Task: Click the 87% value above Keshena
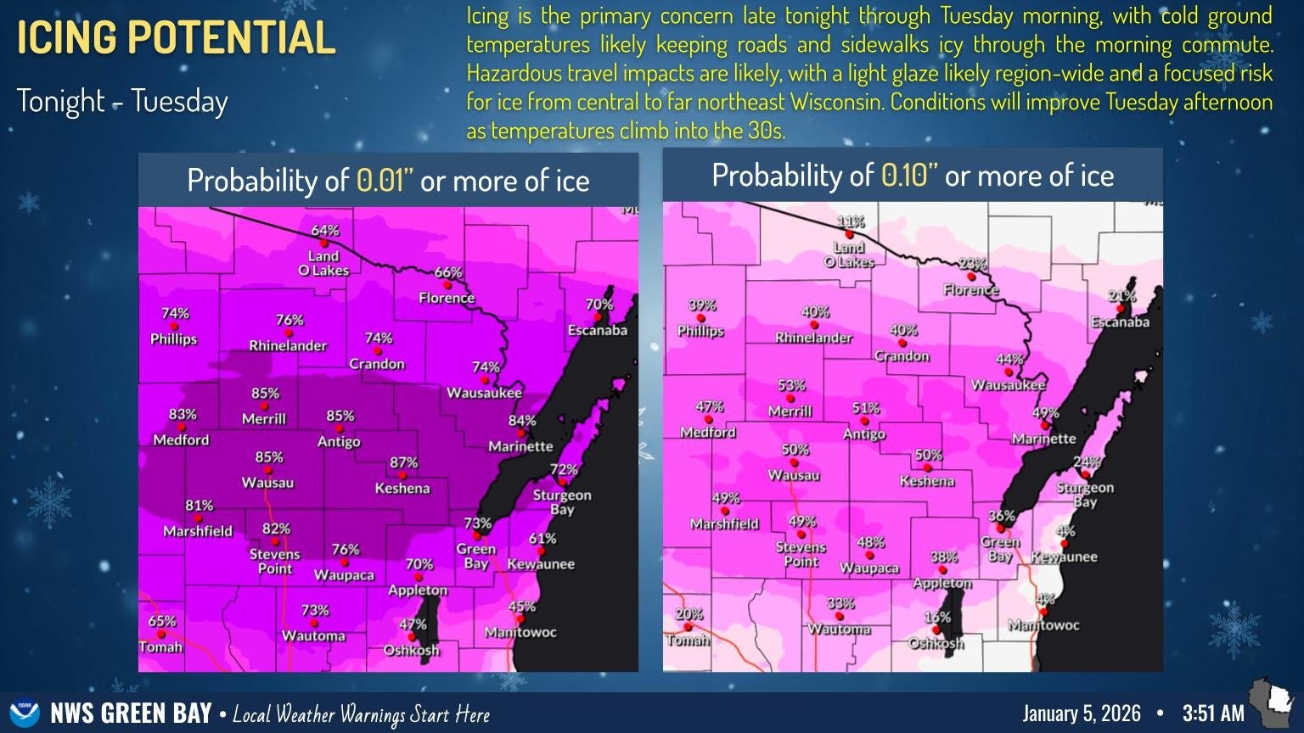pyautogui.click(x=404, y=462)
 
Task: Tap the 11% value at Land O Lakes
pyautogui.click(x=851, y=222)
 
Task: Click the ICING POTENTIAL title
pyautogui.click(x=177, y=37)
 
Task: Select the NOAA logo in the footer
pyautogui.click(x=24, y=713)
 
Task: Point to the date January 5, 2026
pyautogui.click(x=1082, y=713)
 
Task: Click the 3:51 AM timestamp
pyautogui.click(x=1214, y=713)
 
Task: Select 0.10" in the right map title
pyautogui.click(x=908, y=176)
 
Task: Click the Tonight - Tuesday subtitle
pyautogui.click(x=123, y=102)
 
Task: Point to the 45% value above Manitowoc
pyautogui.click(x=521, y=607)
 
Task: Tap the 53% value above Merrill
pyautogui.click(x=791, y=385)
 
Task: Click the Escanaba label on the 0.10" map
pyautogui.click(x=1120, y=322)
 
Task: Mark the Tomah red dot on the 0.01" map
pyautogui.click(x=161, y=634)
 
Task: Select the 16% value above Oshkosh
pyautogui.click(x=937, y=618)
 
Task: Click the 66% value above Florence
pyautogui.click(x=448, y=272)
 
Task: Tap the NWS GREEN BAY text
pyautogui.click(x=131, y=713)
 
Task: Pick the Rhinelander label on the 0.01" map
pyautogui.click(x=288, y=346)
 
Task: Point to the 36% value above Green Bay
pyautogui.click(x=1002, y=516)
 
